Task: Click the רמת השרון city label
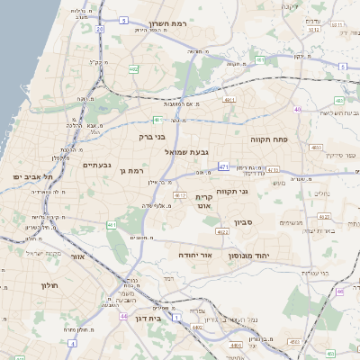pos(167,25)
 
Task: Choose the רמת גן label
pos(131,170)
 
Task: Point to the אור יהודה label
pos(193,256)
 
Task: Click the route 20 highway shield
pos(99,28)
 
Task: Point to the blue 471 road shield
pos(223,166)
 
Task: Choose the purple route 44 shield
pos(122,316)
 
